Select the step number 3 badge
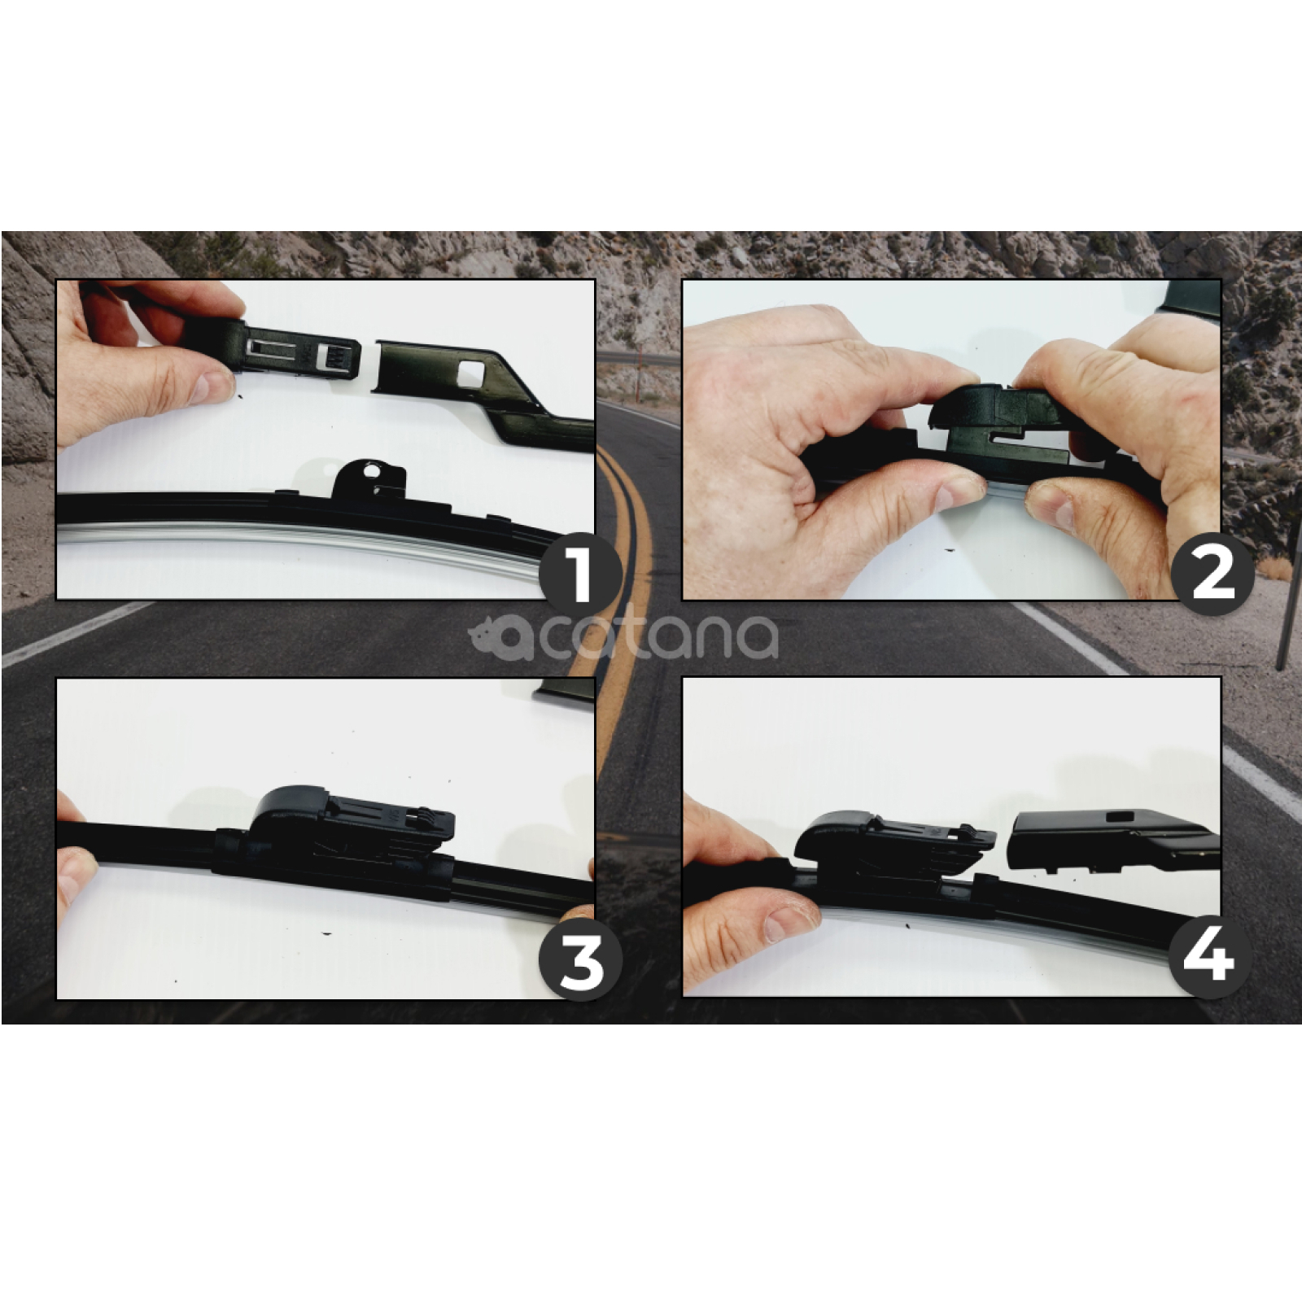(x=580, y=962)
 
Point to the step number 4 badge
(x=1210, y=956)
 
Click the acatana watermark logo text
(x=623, y=637)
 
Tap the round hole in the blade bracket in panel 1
(x=372, y=470)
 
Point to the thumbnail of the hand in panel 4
(x=790, y=922)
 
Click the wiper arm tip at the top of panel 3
(x=564, y=692)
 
